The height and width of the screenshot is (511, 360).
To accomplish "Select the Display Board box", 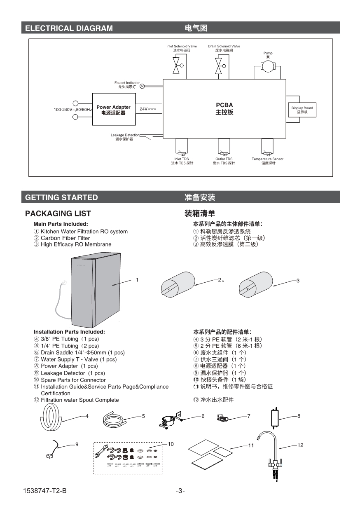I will click(302, 110).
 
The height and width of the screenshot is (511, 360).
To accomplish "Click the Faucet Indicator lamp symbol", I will click(142, 87).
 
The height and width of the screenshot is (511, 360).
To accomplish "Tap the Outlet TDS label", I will click(224, 159).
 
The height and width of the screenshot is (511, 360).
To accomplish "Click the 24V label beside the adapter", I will click(143, 109).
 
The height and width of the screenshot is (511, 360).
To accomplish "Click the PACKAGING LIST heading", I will click(58, 213).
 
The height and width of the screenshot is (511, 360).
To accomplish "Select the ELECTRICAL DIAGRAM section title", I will click(69, 28).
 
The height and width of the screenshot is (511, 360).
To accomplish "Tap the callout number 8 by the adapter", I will click(299, 416).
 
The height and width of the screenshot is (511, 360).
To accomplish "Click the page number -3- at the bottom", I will click(180, 491).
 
